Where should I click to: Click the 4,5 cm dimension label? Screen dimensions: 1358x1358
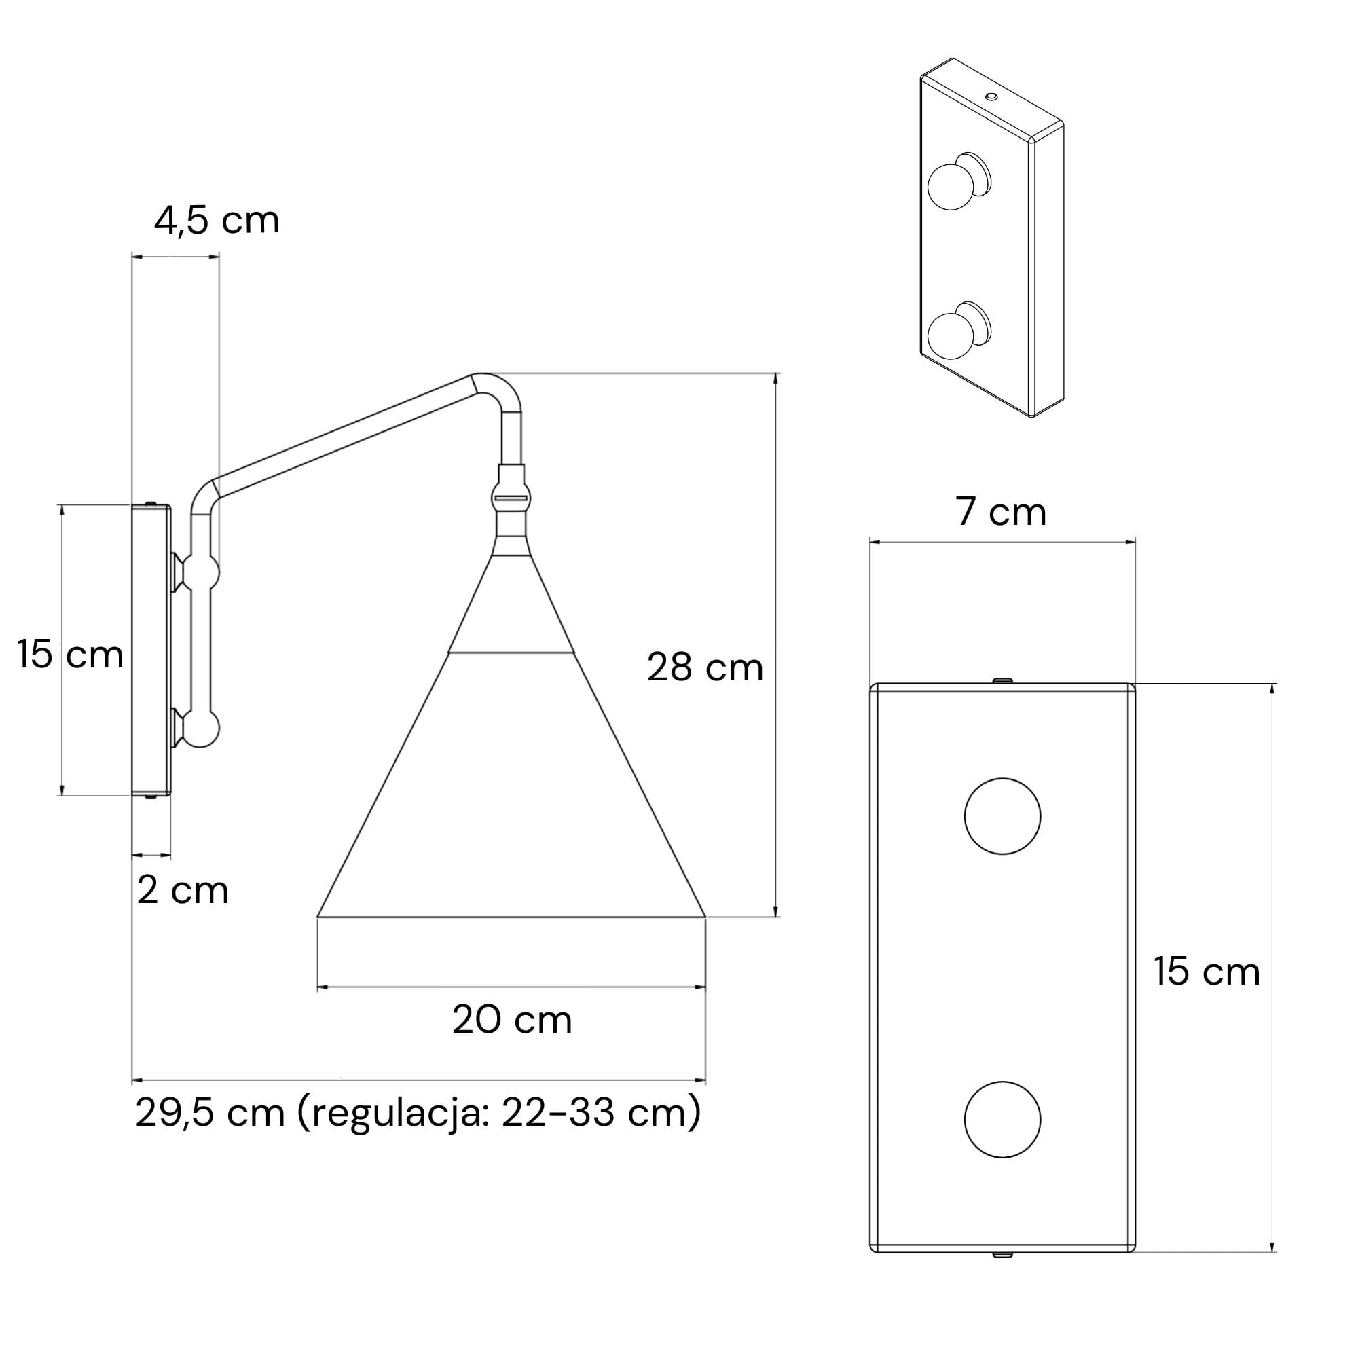click(x=217, y=221)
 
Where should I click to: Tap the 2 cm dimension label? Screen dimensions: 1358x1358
click(x=183, y=891)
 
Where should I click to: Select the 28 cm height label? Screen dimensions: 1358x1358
click(x=705, y=667)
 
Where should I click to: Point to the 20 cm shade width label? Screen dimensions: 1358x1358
click(x=513, y=1020)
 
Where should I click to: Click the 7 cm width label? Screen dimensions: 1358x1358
click(x=1001, y=512)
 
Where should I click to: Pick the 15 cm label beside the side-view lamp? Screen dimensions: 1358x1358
click(x=71, y=655)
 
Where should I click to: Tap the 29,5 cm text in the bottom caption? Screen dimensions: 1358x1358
click(x=209, y=1113)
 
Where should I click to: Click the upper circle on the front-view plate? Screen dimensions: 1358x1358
click(x=1002, y=816)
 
